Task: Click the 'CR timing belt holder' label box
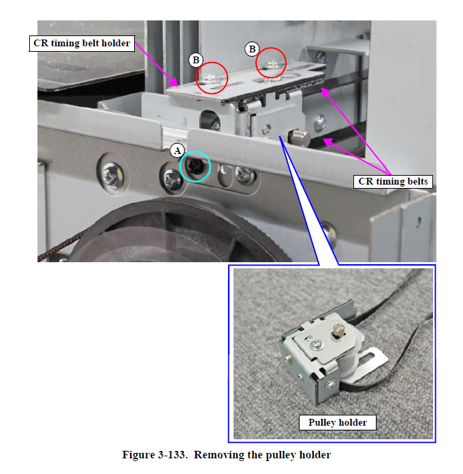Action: (x=82, y=43)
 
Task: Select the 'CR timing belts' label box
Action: (x=393, y=181)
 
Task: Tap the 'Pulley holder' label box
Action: (x=338, y=422)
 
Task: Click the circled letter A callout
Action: (x=177, y=151)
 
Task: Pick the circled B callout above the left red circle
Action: (x=196, y=60)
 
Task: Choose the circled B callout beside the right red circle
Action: (x=252, y=49)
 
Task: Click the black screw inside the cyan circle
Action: (x=194, y=167)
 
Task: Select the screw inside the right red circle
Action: (x=272, y=64)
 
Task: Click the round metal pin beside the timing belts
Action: (x=299, y=138)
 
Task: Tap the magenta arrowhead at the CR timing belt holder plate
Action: (x=174, y=82)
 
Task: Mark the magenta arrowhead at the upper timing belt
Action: (x=325, y=92)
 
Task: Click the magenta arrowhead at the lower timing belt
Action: (x=328, y=142)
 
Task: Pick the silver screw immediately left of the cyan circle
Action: (x=171, y=179)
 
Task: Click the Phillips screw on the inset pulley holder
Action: (x=317, y=344)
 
